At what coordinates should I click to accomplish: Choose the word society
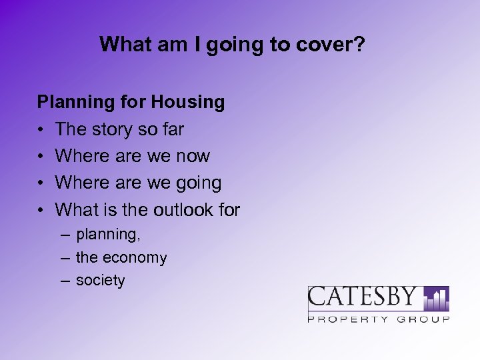[100, 280]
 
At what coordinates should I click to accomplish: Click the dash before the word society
[65, 281]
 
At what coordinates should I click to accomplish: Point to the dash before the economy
[65, 258]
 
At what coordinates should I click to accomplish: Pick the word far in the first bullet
[172, 129]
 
